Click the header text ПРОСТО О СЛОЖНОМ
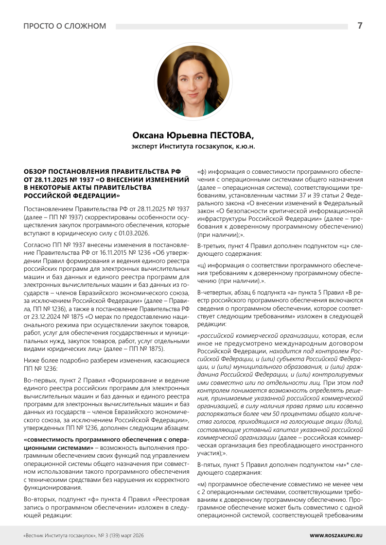tap(65, 26)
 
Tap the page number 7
tap(360, 26)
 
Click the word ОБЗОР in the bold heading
tap(36, 172)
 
